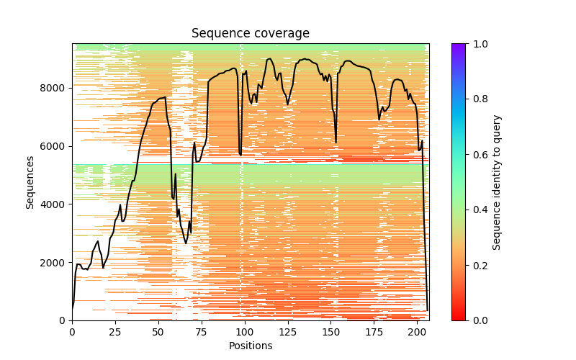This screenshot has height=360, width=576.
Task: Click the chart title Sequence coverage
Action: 250,33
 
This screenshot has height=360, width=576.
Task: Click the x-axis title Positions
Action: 250,346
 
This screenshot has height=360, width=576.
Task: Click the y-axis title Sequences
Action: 30,181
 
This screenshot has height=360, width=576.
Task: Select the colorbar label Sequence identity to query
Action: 497,181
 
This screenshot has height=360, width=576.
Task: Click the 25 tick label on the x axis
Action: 115,332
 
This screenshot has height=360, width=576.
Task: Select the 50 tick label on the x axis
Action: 158,332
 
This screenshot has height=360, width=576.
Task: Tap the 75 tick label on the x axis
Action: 202,332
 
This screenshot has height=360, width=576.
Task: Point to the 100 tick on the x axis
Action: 245,332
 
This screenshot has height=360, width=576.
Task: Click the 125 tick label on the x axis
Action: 288,332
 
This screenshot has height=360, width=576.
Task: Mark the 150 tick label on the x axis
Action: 331,332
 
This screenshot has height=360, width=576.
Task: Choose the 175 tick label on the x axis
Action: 374,332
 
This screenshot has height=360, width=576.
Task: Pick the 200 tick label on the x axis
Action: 418,332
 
